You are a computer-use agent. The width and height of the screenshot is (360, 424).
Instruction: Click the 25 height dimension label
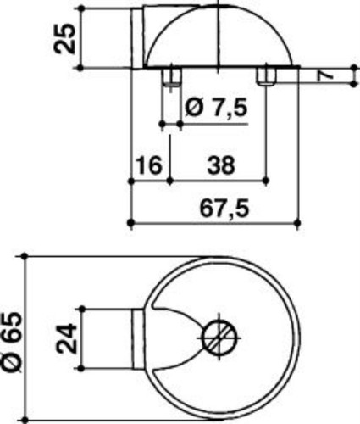tap(65, 38)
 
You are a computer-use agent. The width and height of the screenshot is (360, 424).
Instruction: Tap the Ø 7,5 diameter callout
tap(216, 108)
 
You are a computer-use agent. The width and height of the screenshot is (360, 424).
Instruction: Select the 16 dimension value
tap(149, 165)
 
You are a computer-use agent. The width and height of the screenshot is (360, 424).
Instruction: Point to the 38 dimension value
tap(221, 165)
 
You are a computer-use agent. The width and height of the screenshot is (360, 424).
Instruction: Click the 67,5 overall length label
tap(224, 209)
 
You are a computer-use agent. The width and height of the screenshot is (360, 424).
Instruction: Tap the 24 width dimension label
tap(67, 338)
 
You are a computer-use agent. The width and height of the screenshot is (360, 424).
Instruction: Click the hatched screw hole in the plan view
tap(220, 338)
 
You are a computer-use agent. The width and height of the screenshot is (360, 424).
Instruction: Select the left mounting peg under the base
tap(171, 76)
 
